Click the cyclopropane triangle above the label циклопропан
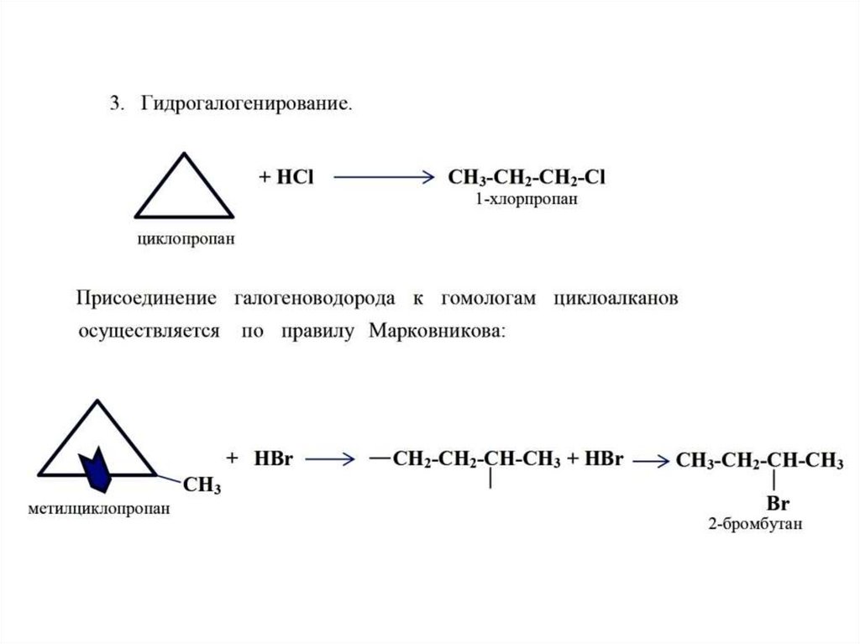pyautogui.click(x=185, y=188)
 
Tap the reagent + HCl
pyautogui.click(x=286, y=178)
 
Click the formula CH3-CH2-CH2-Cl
pyautogui.click(x=527, y=178)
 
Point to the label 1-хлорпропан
pyautogui.click(x=525, y=201)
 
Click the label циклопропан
pyautogui.click(x=186, y=240)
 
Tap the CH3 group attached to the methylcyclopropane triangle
pyautogui.click(x=202, y=486)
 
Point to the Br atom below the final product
pyautogui.click(x=779, y=505)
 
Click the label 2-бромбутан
pyautogui.click(x=755, y=525)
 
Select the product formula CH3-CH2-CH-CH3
pyautogui.click(x=759, y=460)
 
